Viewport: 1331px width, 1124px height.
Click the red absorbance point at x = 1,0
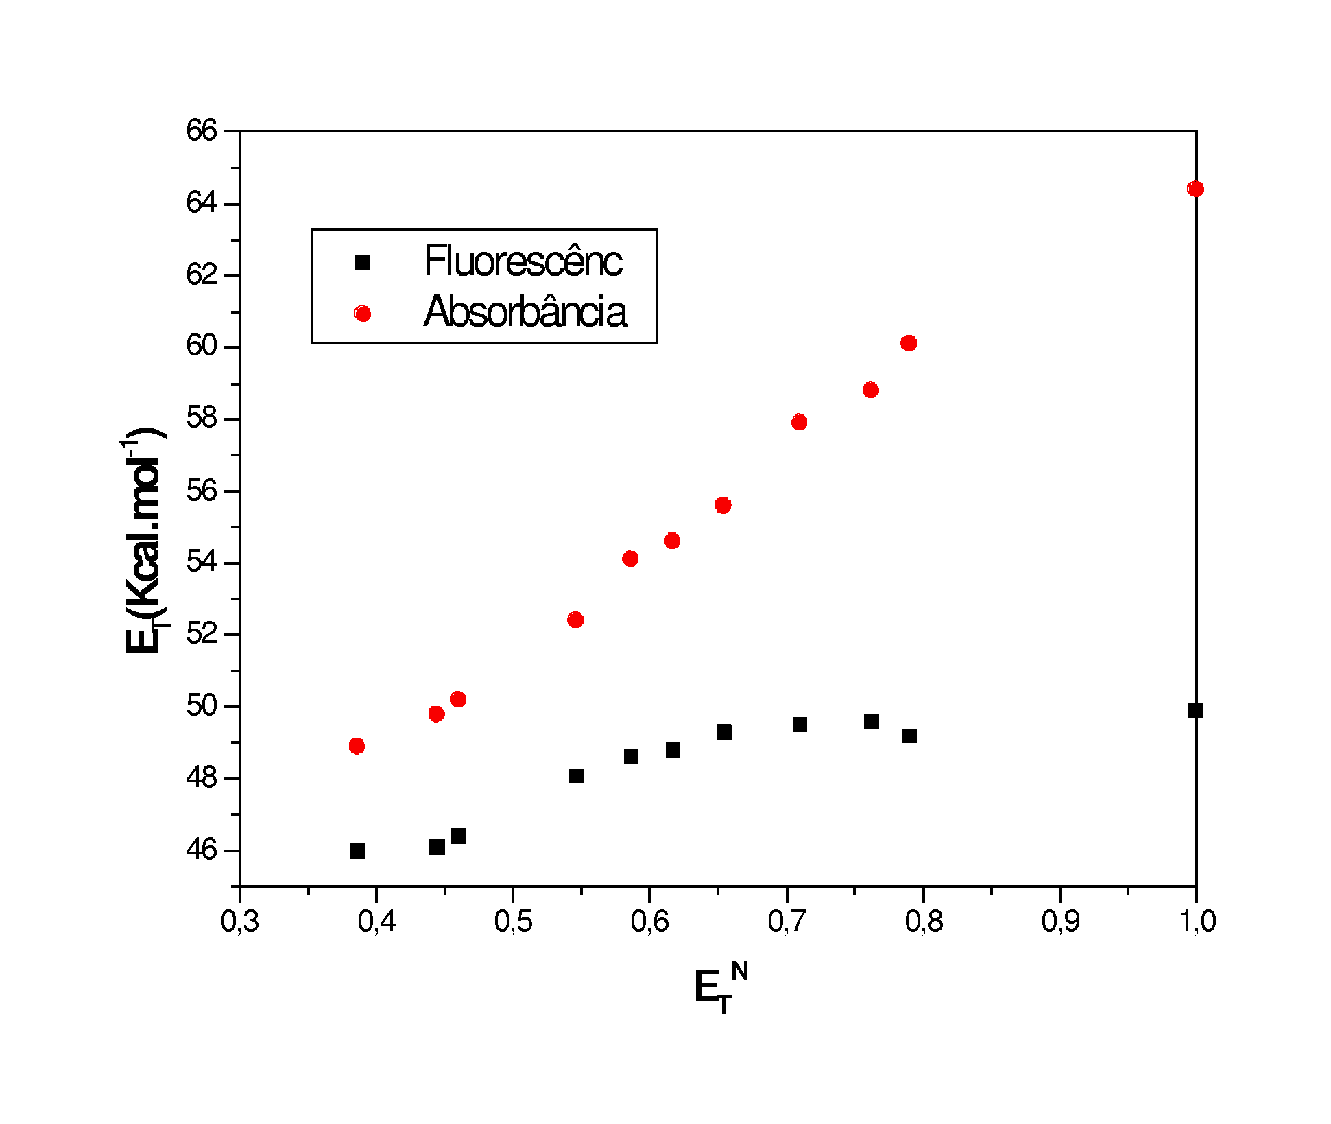click(1195, 189)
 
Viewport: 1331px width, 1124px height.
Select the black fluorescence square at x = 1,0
click(1196, 710)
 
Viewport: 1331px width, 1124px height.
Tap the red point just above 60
click(909, 343)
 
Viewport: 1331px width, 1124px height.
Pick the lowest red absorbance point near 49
click(357, 746)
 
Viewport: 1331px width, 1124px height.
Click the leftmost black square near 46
click(357, 852)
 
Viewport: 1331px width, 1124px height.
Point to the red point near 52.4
click(575, 620)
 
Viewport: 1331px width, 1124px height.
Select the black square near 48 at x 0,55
click(576, 776)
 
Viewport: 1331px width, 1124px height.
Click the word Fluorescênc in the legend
click(523, 261)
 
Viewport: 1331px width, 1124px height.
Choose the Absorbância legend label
click(525, 312)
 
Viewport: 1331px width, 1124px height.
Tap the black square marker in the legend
click(363, 263)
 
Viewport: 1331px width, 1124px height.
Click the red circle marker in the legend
click(363, 314)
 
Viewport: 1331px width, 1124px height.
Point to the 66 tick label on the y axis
click(202, 130)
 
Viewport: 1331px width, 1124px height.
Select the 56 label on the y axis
click(202, 491)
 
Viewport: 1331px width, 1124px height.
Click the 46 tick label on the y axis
click(202, 850)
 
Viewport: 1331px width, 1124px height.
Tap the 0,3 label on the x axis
click(240, 922)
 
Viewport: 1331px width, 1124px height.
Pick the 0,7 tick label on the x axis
click(787, 922)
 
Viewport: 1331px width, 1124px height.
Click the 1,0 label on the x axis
click(1197, 922)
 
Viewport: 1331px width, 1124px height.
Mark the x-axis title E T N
click(720, 988)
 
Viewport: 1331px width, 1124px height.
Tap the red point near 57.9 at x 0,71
click(799, 422)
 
